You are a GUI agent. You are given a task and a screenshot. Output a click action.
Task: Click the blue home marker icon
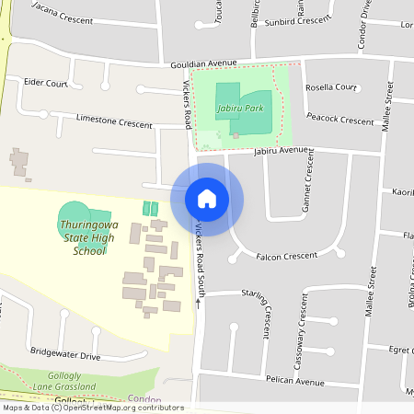point(207,199)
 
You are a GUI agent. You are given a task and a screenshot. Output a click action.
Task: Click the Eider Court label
point(46,83)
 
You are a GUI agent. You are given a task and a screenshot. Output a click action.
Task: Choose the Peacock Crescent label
point(340,119)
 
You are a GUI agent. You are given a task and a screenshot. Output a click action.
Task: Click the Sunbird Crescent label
point(296,19)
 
